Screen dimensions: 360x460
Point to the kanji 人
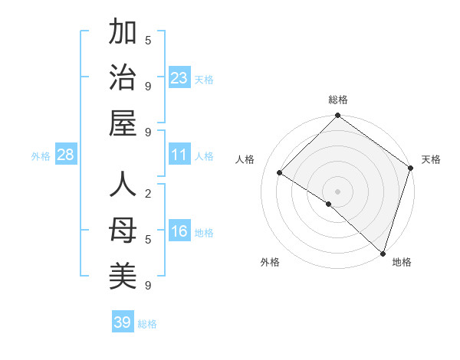pyautogui.click(x=123, y=186)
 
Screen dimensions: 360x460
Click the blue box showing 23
pyautogui.click(x=179, y=78)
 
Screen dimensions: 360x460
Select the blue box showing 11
pyautogui.click(x=179, y=155)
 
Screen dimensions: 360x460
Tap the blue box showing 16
pyautogui.click(x=179, y=231)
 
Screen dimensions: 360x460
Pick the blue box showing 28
pyautogui.click(x=66, y=155)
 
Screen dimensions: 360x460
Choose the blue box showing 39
pyautogui.click(x=123, y=322)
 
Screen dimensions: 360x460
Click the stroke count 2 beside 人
pyautogui.click(x=148, y=194)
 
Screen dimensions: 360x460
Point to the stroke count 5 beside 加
pyautogui.click(x=148, y=40)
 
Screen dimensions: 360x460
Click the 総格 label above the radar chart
pyautogui.click(x=337, y=100)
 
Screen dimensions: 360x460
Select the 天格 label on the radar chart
pyautogui.click(x=431, y=159)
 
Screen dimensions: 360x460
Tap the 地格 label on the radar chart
pyautogui.click(x=402, y=262)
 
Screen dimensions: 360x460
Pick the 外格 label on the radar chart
pyautogui.click(x=270, y=262)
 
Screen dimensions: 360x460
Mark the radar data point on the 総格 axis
pyautogui.click(x=337, y=117)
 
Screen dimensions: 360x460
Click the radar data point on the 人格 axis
pyautogui.click(x=280, y=173)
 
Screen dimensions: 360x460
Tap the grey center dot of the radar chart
pyautogui.click(x=337, y=191)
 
